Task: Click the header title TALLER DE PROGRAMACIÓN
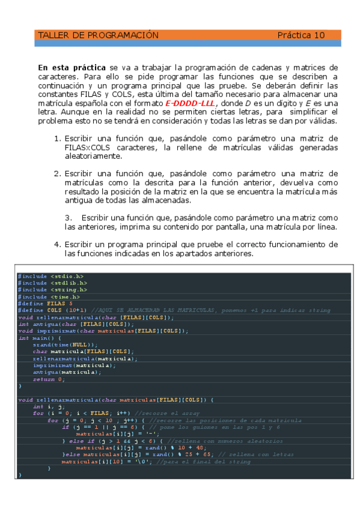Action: pyautogui.click(x=98, y=35)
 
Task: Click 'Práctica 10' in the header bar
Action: pyautogui.click(x=301, y=35)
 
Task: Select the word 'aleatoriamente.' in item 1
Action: pyautogui.click(x=93, y=156)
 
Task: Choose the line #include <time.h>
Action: pyautogui.click(x=49, y=296)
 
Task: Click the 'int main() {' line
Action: pyautogui.click(x=40, y=337)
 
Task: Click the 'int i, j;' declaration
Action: pyautogui.click(x=46, y=407)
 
